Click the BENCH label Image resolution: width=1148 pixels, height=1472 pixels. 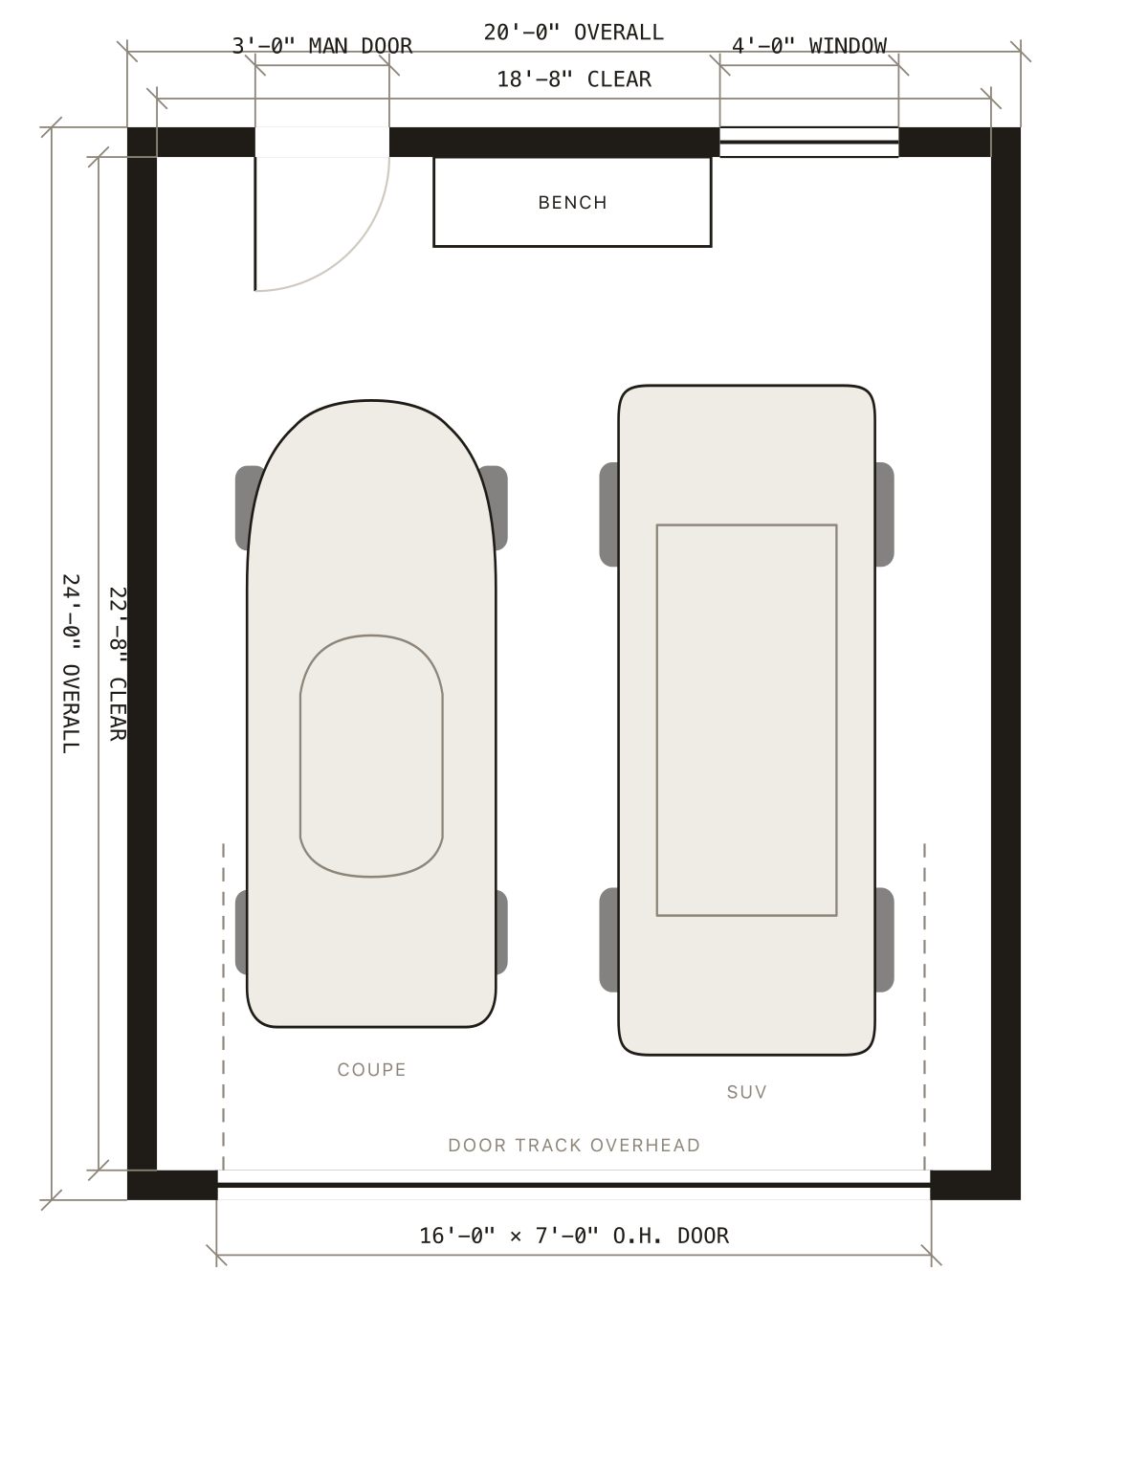point(572,203)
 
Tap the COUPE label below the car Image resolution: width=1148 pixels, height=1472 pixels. point(371,1070)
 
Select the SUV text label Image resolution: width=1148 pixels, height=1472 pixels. point(746,1092)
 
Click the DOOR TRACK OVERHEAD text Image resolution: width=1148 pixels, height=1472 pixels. point(574,1146)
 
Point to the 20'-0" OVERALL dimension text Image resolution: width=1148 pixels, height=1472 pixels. point(573,33)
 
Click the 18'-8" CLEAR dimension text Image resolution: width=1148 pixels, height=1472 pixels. point(574,79)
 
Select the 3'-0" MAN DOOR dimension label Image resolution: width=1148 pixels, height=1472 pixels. point(322,46)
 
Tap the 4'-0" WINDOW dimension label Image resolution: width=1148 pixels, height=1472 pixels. point(809,46)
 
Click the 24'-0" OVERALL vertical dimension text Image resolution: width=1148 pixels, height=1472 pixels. point(71,664)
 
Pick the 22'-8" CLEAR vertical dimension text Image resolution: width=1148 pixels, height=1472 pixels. point(118,664)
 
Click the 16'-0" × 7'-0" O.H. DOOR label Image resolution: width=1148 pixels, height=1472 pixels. point(574,1237)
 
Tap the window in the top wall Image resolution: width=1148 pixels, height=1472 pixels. point(809,143)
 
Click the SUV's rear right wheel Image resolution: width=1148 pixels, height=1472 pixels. point(884,940)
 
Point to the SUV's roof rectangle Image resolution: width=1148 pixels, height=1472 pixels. point(746,525)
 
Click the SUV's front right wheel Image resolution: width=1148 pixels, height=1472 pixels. point(884,514)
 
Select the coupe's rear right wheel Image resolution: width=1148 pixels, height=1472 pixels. point(501,933)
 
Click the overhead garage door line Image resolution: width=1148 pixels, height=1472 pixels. point(574,1186)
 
